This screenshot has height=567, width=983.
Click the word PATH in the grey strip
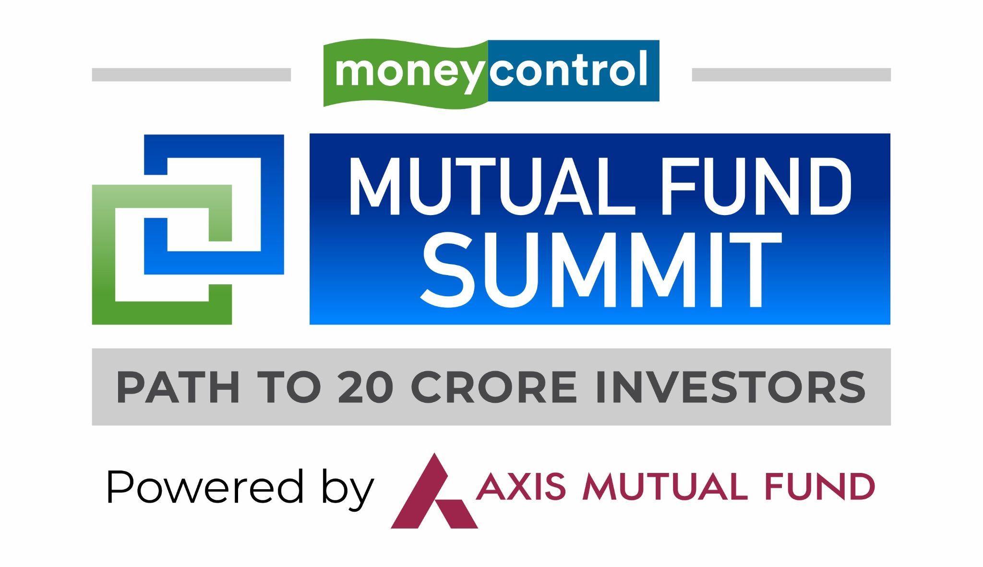[x=178, y=387]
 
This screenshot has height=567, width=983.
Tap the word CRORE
[x=494, y=387]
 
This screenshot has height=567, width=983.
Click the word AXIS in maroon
[x=521, y=486]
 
